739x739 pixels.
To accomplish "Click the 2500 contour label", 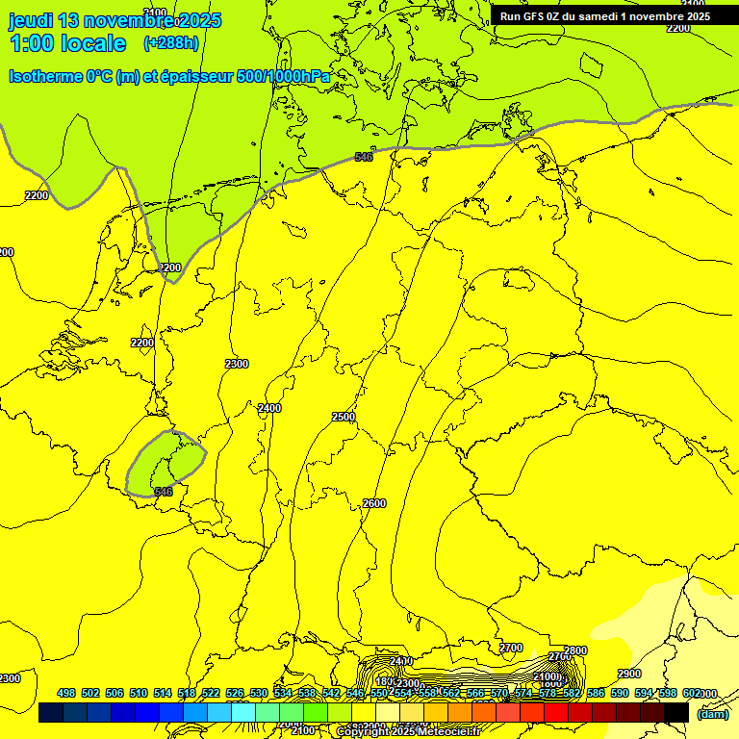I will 344,417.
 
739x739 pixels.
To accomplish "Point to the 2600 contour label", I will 374,503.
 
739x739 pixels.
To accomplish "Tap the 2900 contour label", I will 629,675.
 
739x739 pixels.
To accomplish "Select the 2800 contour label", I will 575,651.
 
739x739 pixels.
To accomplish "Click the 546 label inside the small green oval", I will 164,492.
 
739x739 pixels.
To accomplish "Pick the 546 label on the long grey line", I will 364,157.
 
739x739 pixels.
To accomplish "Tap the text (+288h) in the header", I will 171,43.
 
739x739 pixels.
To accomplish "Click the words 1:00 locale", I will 67,43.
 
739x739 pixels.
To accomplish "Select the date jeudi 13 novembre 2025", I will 115,20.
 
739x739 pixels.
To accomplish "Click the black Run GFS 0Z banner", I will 604,15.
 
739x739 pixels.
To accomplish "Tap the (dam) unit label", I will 712,713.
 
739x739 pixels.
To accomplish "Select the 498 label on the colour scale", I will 66,693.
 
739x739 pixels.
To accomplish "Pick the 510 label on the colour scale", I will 139,693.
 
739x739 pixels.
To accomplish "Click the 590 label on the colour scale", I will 620,693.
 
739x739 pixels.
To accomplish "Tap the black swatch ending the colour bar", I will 676,713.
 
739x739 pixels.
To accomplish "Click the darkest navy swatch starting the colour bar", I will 51,713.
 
